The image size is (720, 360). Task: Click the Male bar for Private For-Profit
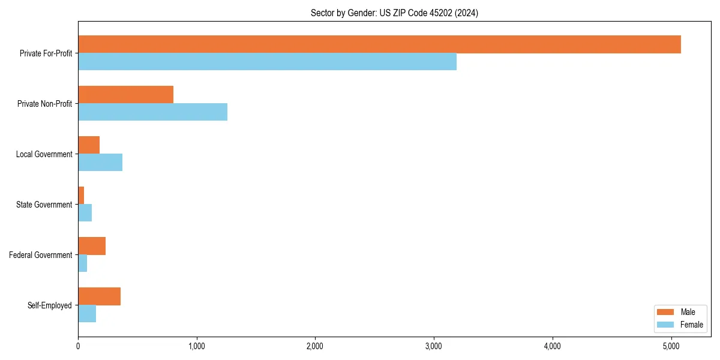click(379, 44)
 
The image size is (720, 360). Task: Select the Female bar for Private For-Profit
click(267, 62)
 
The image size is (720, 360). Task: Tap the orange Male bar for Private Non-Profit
click(125, 95)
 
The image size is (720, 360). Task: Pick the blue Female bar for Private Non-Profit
click(152, 112)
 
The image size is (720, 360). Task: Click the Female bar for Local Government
click(100, 163)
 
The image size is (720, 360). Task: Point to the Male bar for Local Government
click(89, 145)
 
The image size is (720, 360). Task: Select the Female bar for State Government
click(85, 213)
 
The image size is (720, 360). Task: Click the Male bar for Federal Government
click(92, 246)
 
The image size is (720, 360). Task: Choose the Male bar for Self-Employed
click(99, 296)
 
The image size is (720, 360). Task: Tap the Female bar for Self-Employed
click(87, 314)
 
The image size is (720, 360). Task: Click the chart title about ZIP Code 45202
click(394, 13)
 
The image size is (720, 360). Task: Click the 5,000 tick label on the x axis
click(671, 346)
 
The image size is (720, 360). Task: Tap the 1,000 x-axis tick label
click(196, 346)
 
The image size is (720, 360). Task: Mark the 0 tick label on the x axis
click(78, 346)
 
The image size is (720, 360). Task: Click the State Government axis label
click(44, 205)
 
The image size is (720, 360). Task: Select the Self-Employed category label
click(49, 305)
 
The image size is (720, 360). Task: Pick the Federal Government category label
click(40, 255)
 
